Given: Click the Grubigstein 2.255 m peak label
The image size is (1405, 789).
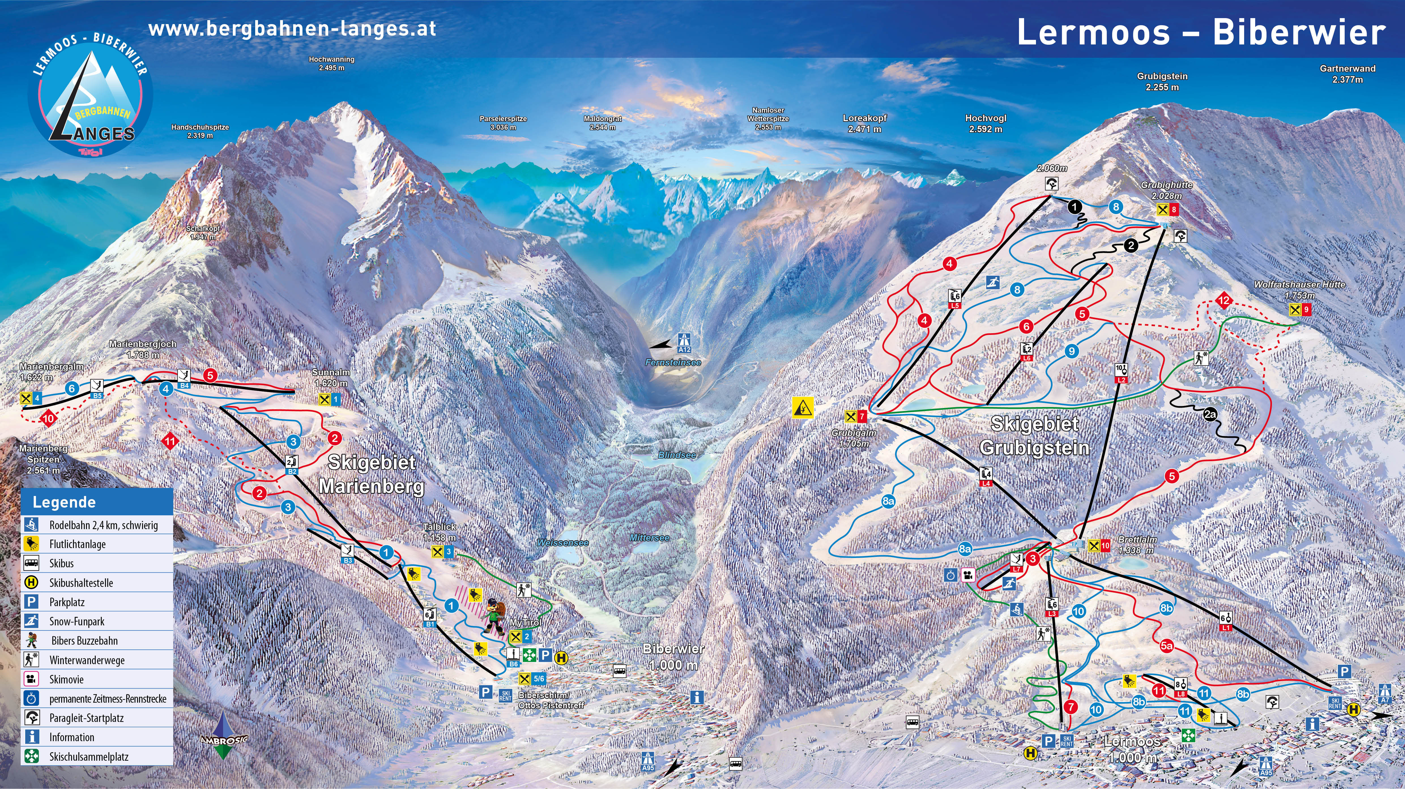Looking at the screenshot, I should coord(1162,82).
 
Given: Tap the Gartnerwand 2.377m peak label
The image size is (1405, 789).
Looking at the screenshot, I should coord(1347,74).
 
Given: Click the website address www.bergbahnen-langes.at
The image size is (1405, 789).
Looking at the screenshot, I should coord(292,28).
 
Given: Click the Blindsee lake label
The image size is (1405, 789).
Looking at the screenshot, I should coord(677,455).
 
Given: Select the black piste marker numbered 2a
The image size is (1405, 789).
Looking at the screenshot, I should coord(1210,414).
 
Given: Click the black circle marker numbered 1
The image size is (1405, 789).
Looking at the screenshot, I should coord(1074,207).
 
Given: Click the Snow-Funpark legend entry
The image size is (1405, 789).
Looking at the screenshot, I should coord(76,621).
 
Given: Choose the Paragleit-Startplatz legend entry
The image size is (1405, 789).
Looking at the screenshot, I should coord(86,718).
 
